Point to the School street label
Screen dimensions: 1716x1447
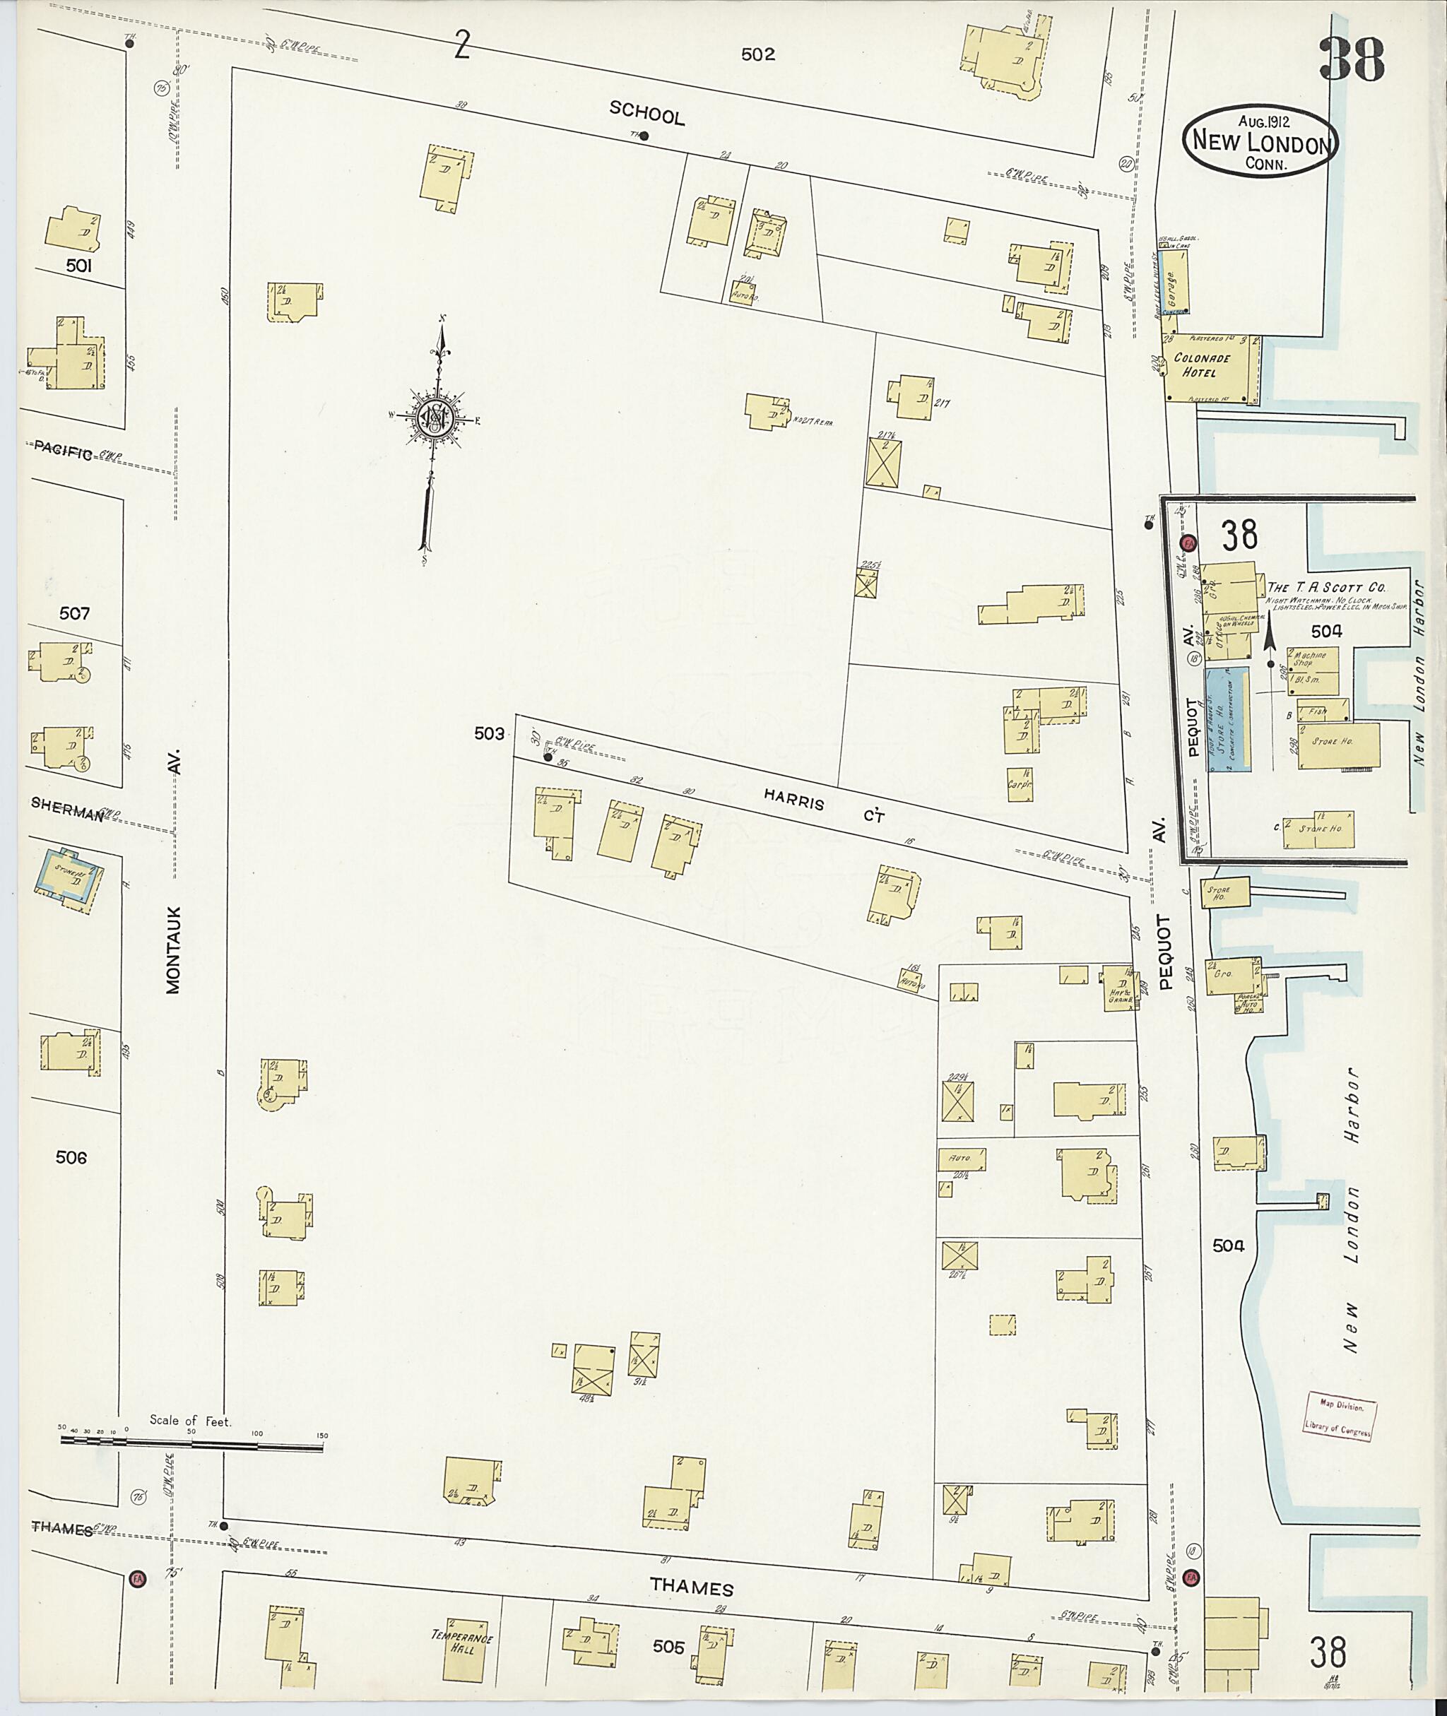[x=646, y=116]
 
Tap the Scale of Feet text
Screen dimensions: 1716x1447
[x=190, y=1421]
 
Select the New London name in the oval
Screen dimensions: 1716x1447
[x=1260, y=143]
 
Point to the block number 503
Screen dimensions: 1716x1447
[x=489, y=733]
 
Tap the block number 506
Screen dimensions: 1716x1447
[x=71, y=1157]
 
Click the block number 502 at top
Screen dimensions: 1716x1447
[x=757, y=55]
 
